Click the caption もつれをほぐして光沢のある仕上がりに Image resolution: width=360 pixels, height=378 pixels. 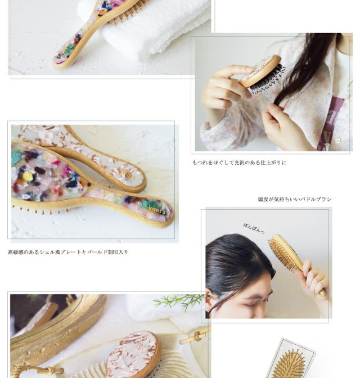click(x=240, y=163)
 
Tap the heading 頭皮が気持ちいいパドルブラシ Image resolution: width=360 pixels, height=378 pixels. click(x=295, y=199)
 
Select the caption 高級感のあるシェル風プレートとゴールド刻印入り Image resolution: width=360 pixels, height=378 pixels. click(x=68, y=252)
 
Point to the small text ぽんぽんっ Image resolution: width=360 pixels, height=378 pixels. click(x=254, y=228)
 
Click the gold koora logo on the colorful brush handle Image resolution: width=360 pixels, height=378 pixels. click(x=157, y=210)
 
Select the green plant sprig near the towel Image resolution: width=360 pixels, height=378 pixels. click(x=178, y=300)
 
